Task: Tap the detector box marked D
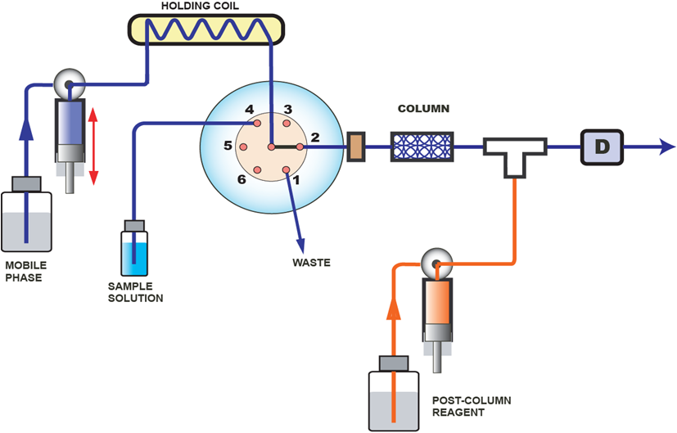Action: tap(602, 147)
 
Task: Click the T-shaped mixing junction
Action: tap(514, 155)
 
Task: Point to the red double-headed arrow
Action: tap(93, 146)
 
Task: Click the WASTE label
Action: tap(311, 263)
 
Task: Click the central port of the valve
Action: tap(271, 147)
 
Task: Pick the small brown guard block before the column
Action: tap(356, 147)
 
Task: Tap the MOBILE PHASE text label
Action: tap(26, 272)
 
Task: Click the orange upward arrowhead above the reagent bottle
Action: tap(394, 309)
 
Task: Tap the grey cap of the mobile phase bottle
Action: tap(26, 184)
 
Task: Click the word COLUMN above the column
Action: tap(423, 108)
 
